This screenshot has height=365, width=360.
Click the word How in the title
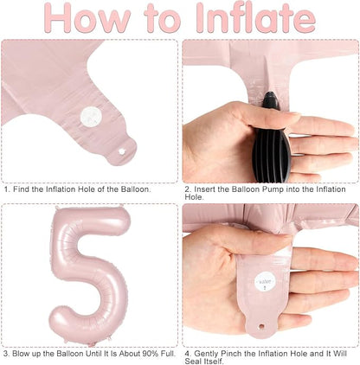pos(87,18)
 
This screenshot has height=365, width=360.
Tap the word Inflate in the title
pos(256,18)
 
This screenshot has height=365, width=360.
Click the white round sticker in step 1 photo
pos(91,117)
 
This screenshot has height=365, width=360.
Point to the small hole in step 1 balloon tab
pos(122,151)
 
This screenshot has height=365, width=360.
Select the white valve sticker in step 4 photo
pos(265,281)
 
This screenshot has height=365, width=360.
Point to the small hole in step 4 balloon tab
pos(261,327)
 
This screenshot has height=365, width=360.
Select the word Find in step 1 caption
pos(21,189)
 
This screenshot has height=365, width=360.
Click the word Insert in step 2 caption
pos(205,189)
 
